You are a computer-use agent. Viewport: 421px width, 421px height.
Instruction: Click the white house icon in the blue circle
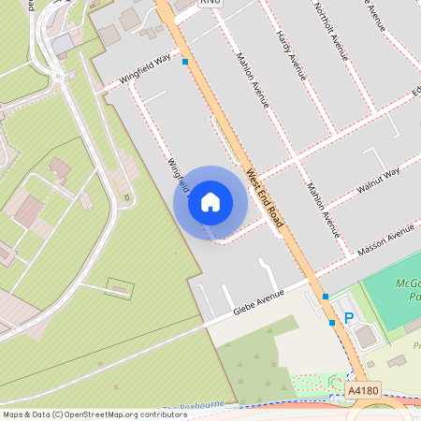(x=210, y=202)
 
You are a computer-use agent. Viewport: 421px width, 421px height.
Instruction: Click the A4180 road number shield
(x=363, y=389)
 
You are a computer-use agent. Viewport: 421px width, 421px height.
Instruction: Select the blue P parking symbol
(x=349, y=318)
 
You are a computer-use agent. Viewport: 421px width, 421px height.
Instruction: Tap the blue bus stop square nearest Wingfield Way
(x=185, y=62)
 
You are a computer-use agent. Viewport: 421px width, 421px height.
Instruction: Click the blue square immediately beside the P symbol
(x=331, y=323)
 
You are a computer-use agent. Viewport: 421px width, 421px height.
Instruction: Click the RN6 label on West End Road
(x=210, y=4)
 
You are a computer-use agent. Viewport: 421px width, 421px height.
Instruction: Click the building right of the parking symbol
(x=366, y=336)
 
